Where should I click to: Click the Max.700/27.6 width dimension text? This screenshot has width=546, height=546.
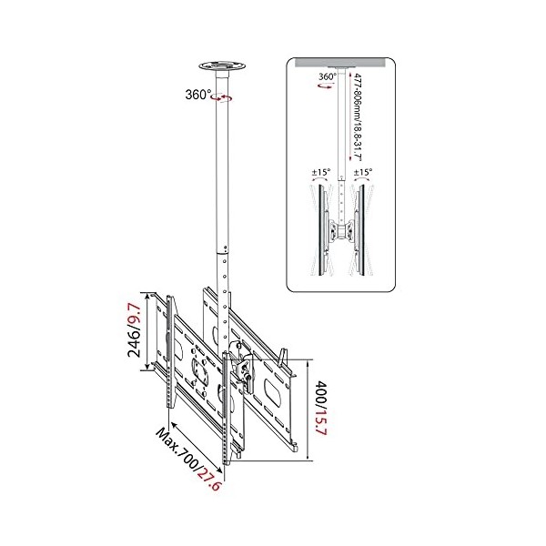coord(187,460)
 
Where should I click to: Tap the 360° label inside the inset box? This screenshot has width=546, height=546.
coord(326,77)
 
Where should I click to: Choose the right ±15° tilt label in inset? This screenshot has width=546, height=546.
coord(363,170)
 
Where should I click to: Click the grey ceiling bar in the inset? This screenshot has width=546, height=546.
coord(343,63)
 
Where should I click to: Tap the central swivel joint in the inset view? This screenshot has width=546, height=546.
coord(343,228)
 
